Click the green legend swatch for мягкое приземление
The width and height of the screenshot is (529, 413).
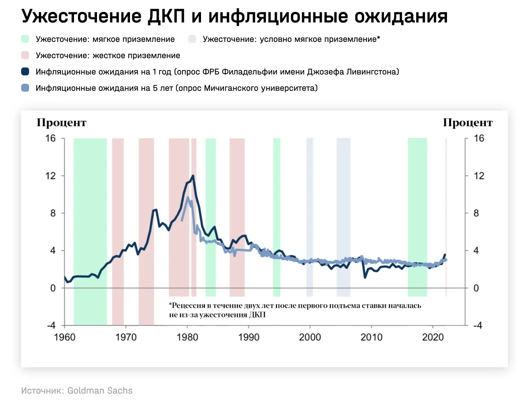[x=25, y=39]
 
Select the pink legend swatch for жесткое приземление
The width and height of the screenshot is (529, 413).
[x=25, y=56]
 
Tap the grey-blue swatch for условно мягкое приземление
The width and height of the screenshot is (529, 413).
[x=192, y=39]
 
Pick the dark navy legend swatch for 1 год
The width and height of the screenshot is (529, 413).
[x=25, y=72]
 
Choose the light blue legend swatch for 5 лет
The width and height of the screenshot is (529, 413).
[x=25, y=88]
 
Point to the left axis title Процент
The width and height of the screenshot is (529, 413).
[x=61, y=123]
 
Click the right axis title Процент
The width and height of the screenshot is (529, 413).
[x=468, y=123]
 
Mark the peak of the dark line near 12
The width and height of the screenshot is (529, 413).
[x=193, y=176]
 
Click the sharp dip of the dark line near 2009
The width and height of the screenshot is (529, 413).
[x=365, y=277]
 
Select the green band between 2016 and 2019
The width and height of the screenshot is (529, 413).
[x=417, y=212]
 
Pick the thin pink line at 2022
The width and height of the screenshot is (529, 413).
[x=446, y=212]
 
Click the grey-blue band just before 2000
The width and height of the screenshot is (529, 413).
[x=309, y=212]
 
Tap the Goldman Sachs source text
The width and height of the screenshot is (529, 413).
[x=100, y=391]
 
